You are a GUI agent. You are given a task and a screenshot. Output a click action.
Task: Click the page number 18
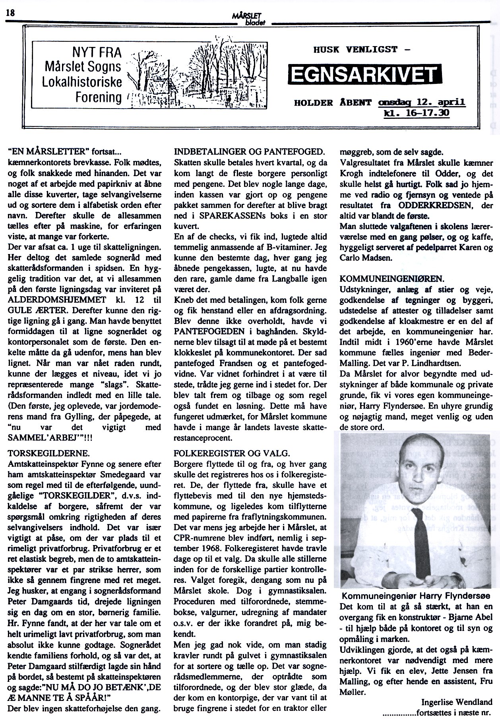click(10, 13)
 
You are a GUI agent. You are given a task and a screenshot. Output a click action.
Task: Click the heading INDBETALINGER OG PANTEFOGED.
click(249, 151)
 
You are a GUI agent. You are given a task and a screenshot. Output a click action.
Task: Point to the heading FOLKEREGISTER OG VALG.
click(232, 454)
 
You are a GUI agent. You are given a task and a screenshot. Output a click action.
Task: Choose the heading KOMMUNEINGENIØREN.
click(392, 279)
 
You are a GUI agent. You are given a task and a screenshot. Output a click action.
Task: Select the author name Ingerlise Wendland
click(457, 702)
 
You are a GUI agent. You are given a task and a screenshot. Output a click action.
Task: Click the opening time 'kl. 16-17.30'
click(416, 113)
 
